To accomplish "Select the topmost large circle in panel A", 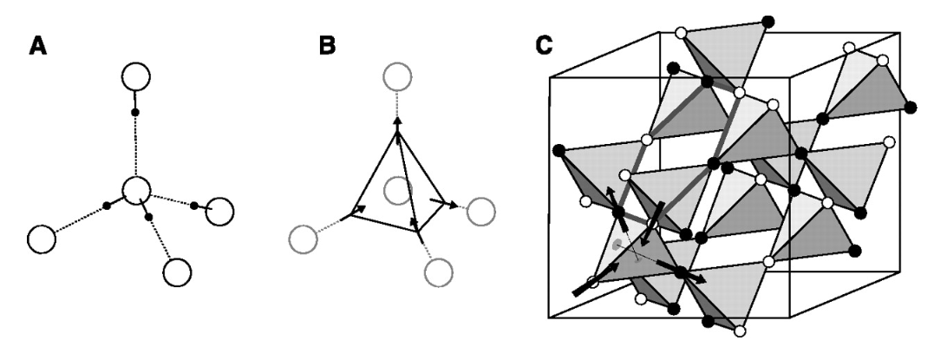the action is click(135, 77).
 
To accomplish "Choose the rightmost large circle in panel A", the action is click(221, 212).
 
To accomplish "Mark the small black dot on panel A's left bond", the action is click(107, 206).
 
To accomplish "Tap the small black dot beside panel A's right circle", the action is click(194, 206).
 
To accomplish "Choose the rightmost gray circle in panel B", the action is click(480, 210).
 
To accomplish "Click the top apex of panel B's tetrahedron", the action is click(396, 121).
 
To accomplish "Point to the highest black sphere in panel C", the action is click(767, 20).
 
